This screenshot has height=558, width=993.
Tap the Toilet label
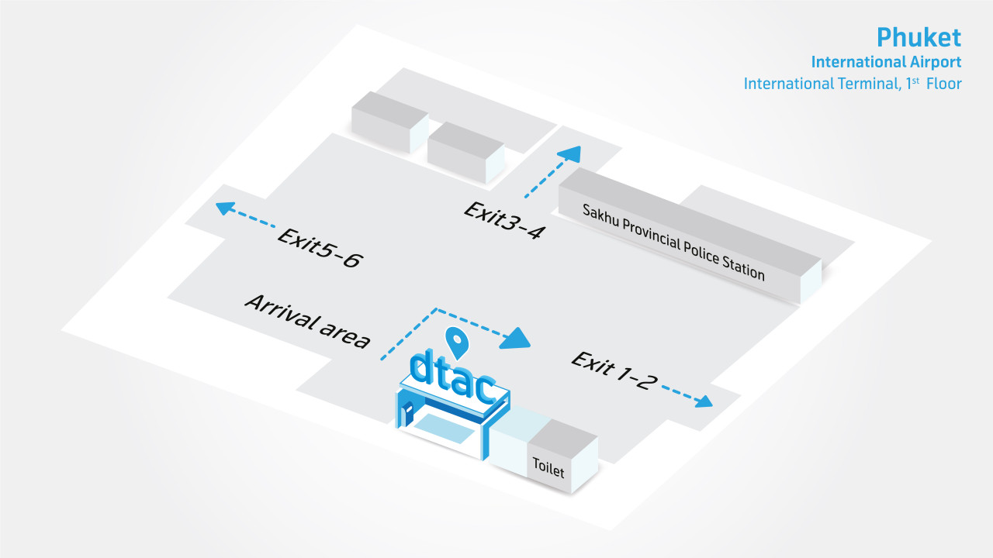coord(548,467)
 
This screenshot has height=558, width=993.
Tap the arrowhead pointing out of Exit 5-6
coord(225,208)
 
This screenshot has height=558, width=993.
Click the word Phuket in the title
coord(919,37)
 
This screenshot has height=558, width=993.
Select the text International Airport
coord(886,61)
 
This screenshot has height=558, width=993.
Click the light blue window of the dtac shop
coord(442,429)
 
